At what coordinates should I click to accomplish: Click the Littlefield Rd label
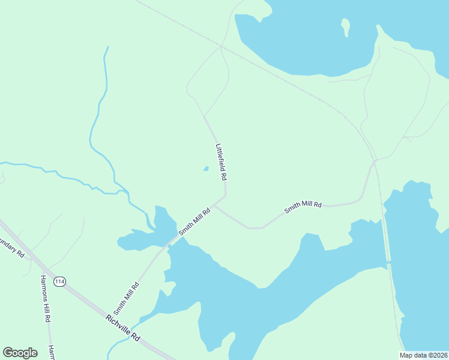click(x=221, y=162)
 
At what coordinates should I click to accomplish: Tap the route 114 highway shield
click(x=59, y=281)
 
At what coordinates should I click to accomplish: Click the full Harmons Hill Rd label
click(x=44, y=299)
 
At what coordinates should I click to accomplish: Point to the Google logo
click(x=20, y=353)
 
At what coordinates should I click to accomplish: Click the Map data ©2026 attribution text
click(x=423, y=355)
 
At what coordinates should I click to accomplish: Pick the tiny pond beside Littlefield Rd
click(x=206, y=169)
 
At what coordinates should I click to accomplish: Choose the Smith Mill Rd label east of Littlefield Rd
click(x=303, y=208)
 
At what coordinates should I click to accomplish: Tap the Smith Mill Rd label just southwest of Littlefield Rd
click(x=194, y=221)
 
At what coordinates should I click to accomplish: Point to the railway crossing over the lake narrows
click(x=388, y=263)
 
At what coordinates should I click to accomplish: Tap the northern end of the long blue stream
click(x=108, y=47)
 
